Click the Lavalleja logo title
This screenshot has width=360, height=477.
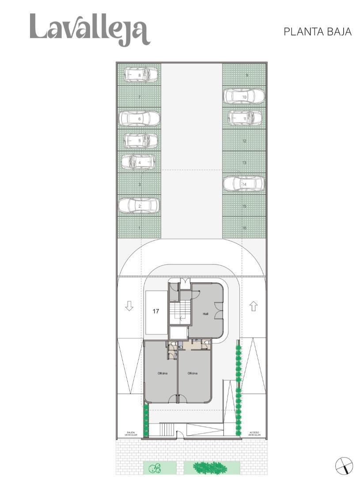90,29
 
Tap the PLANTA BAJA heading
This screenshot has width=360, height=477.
317,32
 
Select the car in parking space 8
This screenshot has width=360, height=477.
140,75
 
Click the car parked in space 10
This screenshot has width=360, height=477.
244,96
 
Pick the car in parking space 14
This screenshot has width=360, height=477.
244,184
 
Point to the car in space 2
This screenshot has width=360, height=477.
139,205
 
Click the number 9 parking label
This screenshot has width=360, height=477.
246,75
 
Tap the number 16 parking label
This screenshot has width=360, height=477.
244,228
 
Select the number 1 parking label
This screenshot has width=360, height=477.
140,228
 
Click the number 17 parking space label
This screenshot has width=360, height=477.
156,311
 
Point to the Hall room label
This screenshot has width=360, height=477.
205,314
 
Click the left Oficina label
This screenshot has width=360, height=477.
162,374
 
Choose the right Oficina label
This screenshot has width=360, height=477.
193,374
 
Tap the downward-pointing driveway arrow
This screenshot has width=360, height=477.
129,306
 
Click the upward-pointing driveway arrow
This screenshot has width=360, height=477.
253,306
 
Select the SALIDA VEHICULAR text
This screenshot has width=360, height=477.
131,434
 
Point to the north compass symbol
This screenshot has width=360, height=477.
344,466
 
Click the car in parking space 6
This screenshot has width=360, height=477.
139,118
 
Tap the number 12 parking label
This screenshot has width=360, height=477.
244,141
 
